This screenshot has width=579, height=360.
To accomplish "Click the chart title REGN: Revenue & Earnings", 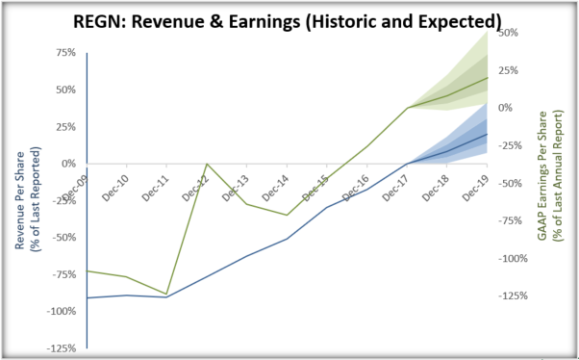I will [289, 19].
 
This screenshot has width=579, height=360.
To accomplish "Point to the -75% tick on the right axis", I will [512, 220].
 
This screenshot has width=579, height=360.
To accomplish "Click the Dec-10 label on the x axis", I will [118, 183].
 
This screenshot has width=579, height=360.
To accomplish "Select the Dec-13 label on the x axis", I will [239, 183].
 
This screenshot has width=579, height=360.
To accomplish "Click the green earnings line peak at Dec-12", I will [207, 164].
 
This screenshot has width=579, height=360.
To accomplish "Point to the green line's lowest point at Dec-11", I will [166, 295].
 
